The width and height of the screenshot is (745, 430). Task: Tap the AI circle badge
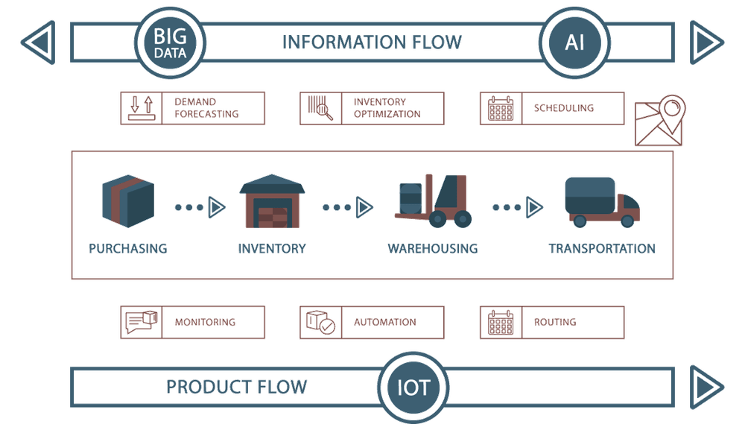(574, 42)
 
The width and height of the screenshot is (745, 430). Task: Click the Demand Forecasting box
(193, 107)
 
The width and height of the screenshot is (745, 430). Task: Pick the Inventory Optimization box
(372, 107)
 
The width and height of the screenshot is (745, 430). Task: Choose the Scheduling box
(552, 107)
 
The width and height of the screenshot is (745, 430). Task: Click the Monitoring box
(193, 323)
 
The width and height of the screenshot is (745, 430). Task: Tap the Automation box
(372, 323)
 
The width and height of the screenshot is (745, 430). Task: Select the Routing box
(552, 323)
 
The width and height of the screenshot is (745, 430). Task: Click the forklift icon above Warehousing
(434, 200)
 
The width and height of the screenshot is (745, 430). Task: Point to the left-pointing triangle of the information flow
(37, 42)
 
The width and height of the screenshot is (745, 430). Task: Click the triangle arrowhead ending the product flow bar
(706, 386)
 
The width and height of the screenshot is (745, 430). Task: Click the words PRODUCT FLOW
(236, 388)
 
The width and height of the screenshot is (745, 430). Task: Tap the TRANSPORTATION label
(602, 249)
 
